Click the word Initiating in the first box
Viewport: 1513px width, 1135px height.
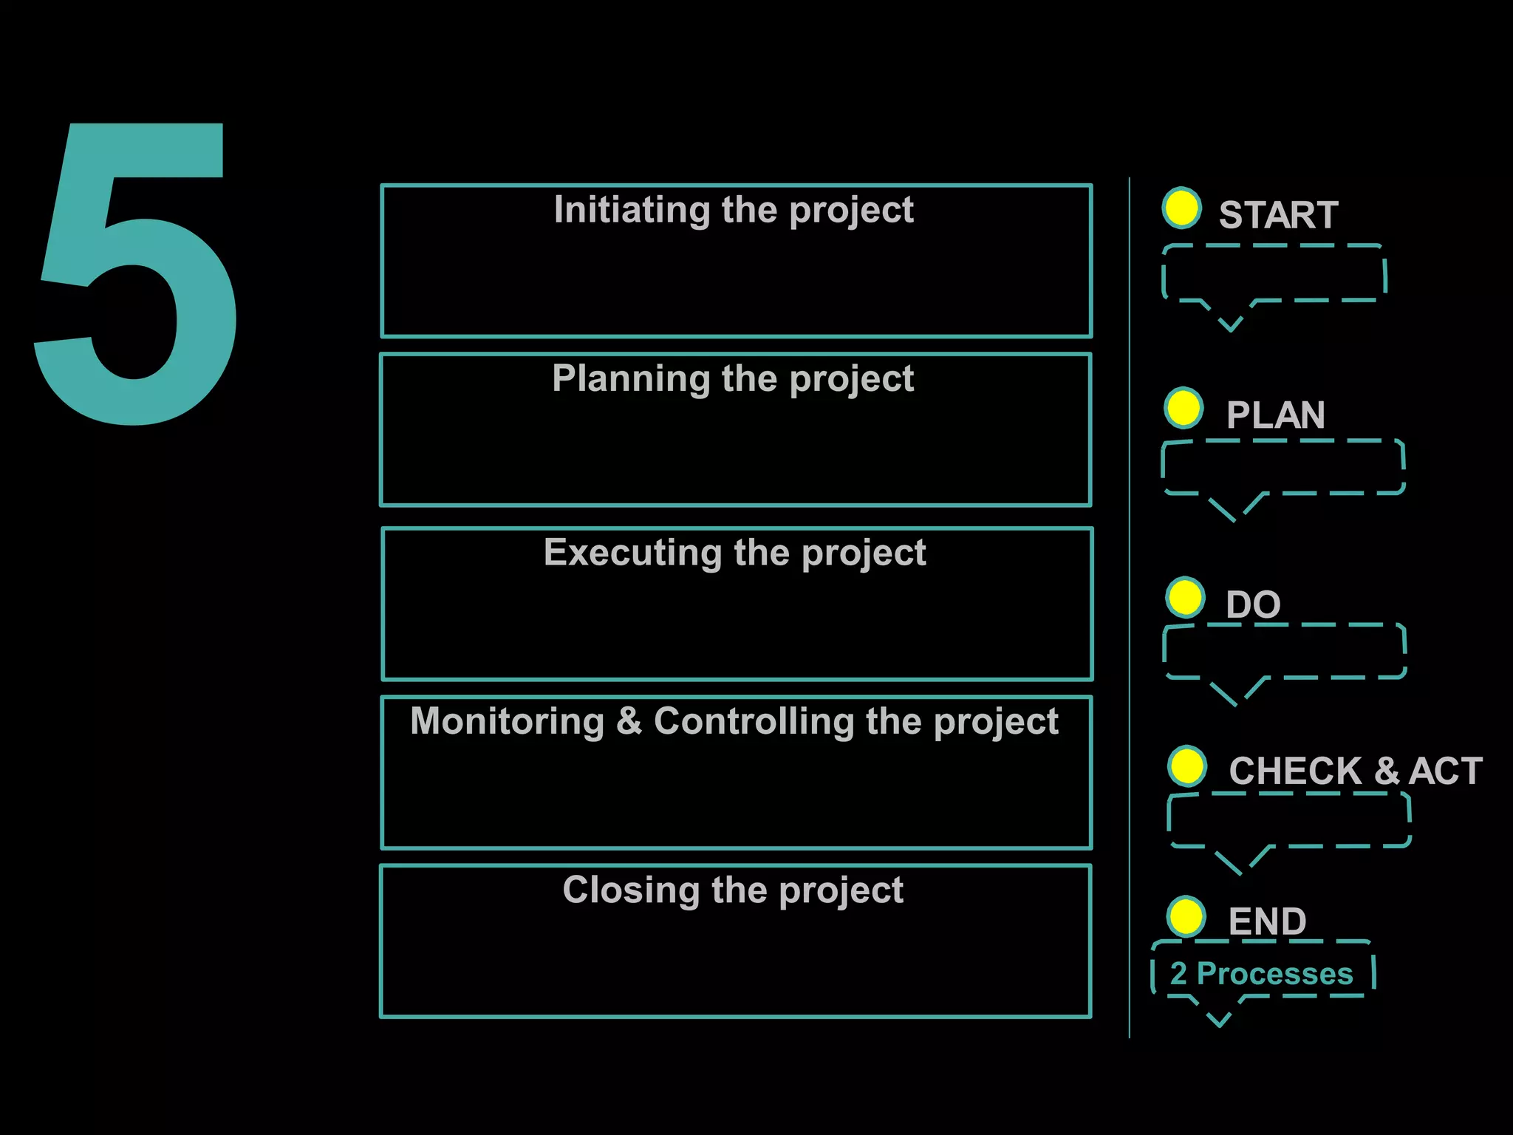click(x=633, y=210)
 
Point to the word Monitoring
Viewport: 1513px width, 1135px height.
click(x=508, y=721)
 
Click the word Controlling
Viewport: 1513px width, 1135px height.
click(x=754, y=721)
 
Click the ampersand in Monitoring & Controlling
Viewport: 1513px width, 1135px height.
click(x=629, y=721)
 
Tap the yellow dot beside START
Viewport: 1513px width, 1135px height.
click(x=1181, y=208)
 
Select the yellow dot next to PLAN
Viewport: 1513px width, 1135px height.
click(x=1184, y=408)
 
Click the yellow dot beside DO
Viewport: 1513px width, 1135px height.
click(x=1186, y=597)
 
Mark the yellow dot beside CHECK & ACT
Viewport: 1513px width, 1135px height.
click(x=1187, y=766)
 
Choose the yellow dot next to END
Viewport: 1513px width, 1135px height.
click(x=1186, y=917)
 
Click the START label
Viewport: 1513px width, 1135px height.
click(x=1278, y=215)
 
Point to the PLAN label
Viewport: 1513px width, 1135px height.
click(x=1275, y=415)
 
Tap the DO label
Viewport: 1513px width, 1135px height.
click(x=1253, y=604)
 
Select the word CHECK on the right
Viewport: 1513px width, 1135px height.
click(x=1295, y=771)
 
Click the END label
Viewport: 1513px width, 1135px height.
click(x=1267, y=921)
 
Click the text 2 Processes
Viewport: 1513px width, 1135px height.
click(x=1262, y=974)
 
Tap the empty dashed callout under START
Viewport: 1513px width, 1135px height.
click(x=1274, y=273)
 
